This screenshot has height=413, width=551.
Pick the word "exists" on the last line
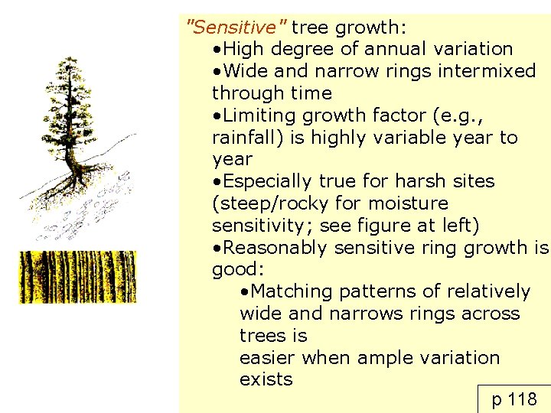266,380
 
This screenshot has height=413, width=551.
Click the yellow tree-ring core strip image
77,277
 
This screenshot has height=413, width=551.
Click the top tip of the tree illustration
70,58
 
